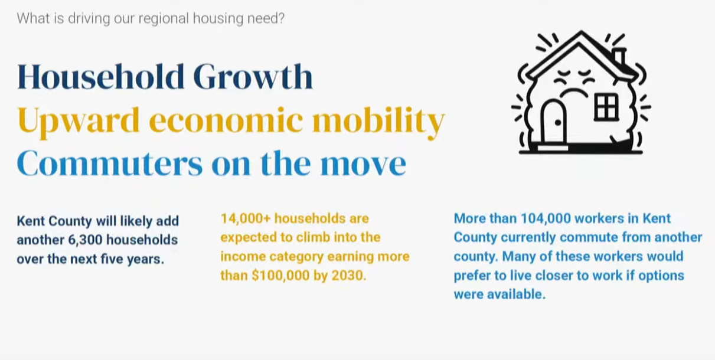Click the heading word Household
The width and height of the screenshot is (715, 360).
pos(101,76)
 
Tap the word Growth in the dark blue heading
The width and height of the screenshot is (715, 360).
pos(253,76)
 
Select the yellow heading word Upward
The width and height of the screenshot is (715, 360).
pos(79,121)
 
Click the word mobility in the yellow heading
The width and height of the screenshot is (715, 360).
pos(378,121)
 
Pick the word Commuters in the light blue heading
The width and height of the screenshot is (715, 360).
pos(110,163)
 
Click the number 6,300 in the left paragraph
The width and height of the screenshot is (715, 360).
pos(84,240)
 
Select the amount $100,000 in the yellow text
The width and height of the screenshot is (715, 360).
pos(280,276)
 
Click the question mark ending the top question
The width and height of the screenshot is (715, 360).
pos(281,18)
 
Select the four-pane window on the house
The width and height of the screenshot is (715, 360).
pos(606,107)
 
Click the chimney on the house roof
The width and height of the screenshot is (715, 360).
pos(619,57)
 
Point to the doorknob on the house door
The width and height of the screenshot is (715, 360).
pos(558,123)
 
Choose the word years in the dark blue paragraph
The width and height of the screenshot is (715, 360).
pos(146,260)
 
